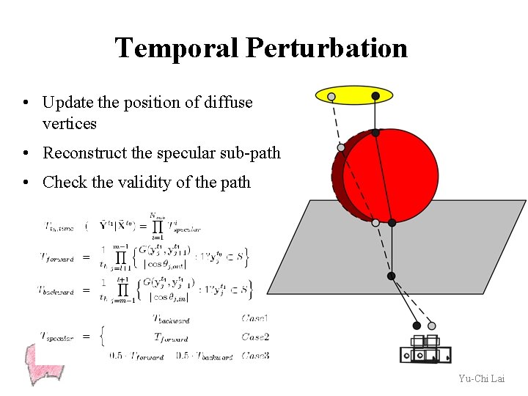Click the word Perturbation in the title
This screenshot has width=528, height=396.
point(326,48)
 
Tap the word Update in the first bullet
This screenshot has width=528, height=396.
point(65,103)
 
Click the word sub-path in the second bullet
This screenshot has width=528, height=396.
point(254,153)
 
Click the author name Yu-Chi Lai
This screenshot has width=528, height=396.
point(481,378)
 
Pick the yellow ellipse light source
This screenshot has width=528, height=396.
point(354,95)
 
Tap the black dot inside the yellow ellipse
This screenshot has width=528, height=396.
point(375,95)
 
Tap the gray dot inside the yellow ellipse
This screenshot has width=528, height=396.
point(331,96)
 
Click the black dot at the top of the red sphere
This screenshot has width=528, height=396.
point(375,133)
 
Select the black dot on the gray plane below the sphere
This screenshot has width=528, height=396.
point(392,276)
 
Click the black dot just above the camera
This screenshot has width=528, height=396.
point(417,325)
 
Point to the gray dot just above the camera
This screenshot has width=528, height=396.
point(432,326)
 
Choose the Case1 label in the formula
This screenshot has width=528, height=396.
point(255,318)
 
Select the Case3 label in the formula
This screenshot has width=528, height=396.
point(255,356)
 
